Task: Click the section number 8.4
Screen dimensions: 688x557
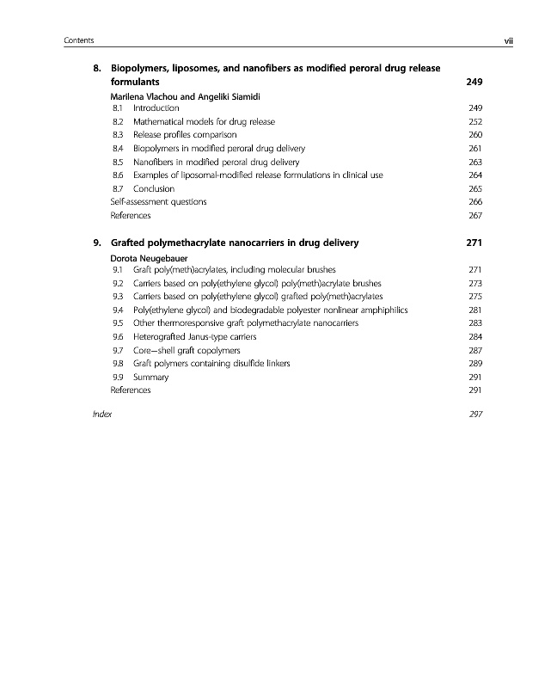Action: coord(119,148)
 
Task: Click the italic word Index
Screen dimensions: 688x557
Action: coord(101,415)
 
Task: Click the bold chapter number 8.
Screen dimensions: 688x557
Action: coord(97,67)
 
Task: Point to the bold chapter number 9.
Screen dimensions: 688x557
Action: coord(97,242)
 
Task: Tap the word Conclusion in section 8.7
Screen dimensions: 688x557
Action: coord(154,188)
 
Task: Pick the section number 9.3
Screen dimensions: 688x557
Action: coord(119,296)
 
